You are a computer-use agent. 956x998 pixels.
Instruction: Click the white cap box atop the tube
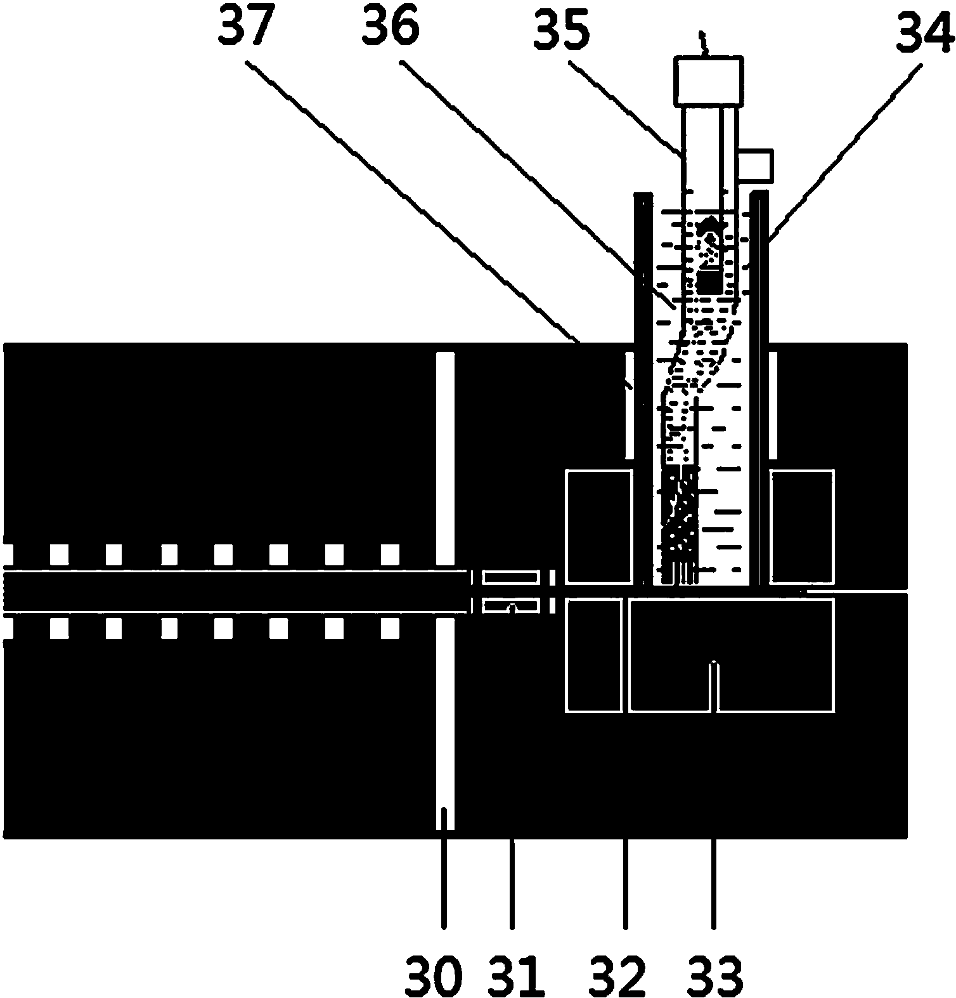click(x=709, y=81)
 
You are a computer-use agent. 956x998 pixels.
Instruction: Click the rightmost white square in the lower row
click(x=390, y=628)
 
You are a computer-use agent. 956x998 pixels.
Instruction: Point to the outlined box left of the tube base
click(x=599, y=527)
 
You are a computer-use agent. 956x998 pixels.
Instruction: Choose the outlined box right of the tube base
click(x=801, y=527)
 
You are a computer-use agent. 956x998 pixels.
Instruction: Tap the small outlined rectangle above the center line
click(x=511, y=577)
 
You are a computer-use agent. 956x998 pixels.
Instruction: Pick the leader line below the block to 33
click(x=714, y=884)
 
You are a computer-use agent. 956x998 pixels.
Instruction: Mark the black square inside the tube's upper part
click(x=709, y=282)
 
